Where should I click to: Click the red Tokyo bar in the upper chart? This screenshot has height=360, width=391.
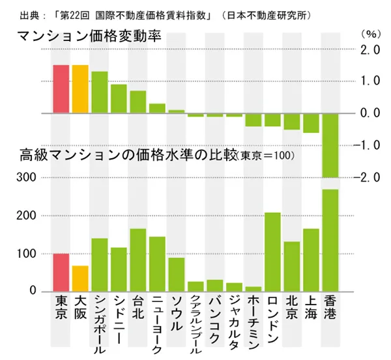(61, 89)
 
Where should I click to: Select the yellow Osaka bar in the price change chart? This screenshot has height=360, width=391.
(80, 89)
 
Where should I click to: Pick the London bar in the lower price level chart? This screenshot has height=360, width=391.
(272, 252)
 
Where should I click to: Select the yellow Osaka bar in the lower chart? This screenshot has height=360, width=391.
(80, 278)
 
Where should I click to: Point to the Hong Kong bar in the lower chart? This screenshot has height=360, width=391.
(330, 240)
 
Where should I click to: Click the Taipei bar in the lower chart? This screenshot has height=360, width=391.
(138, 260)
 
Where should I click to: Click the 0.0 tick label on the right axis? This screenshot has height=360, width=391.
(369, 114)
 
